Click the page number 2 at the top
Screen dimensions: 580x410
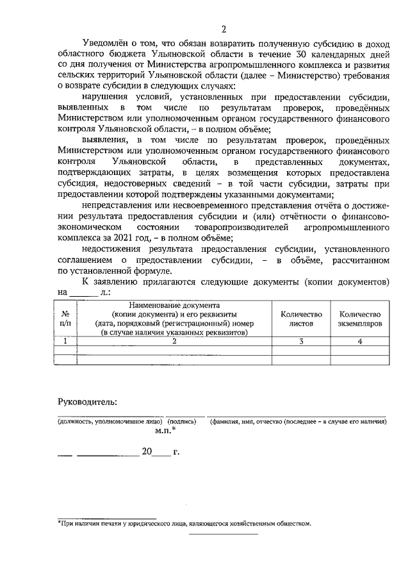click(x=224, y=28)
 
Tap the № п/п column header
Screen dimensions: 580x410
click(x=65, y=319)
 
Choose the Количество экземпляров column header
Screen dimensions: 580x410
click(x=359, y=319)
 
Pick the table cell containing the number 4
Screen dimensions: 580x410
click(x=359, y=342)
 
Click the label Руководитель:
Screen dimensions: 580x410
click(x=87, y=402)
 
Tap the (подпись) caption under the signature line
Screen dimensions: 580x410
click(x=182, y=422)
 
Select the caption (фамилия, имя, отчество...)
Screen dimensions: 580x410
click(x=297, y=422)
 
